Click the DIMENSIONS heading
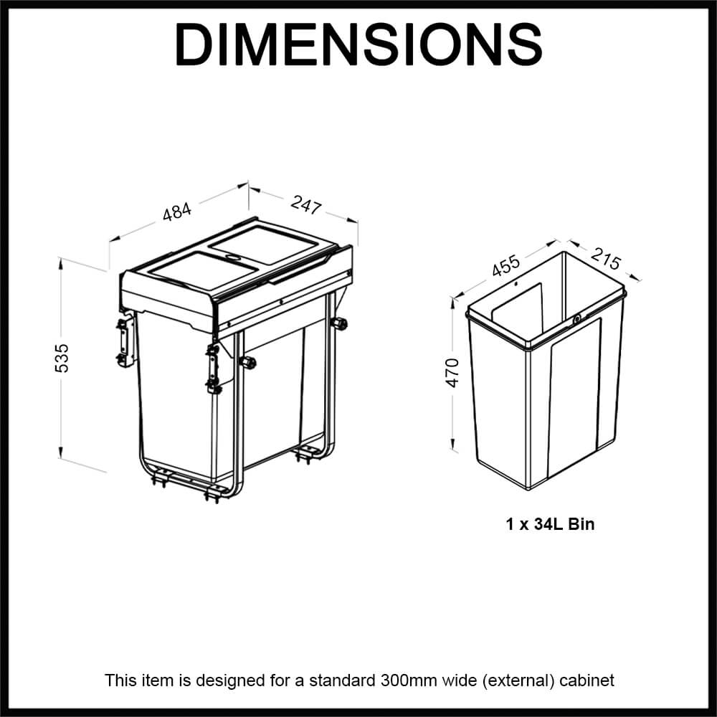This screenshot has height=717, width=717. coord(358,44)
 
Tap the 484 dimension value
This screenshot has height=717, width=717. coord(177,213)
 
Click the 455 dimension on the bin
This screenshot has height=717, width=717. coord(505,266)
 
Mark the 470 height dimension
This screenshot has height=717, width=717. coord(452,373)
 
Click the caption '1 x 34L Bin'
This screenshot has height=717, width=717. coord(550,524)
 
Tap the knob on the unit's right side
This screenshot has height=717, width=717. coord(339,325)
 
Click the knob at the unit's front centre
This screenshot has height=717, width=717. coord(248,362)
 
